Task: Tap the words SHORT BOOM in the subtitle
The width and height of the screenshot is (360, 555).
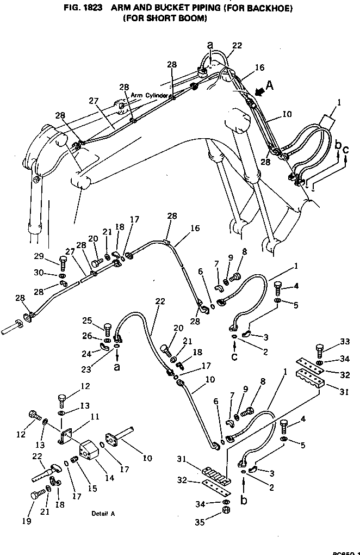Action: [174, 17]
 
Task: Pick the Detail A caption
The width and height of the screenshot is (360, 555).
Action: [103, 514]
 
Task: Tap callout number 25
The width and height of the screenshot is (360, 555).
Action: [87, 320]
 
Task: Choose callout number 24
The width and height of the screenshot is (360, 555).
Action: [87, 353]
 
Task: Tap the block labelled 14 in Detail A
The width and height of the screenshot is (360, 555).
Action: [89, 452]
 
